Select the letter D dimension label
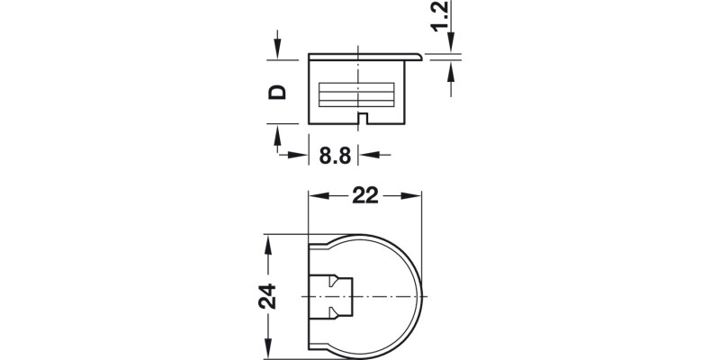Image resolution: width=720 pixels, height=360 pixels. coord(278,91)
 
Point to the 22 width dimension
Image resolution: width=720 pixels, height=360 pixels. coord(365,195)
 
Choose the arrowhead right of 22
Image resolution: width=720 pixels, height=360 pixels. coord(416,195)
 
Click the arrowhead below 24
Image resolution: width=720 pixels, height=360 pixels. coord(267,350)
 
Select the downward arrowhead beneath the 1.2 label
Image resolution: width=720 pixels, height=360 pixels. coord(450,48)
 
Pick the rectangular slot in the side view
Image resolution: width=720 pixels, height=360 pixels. coord(358,94)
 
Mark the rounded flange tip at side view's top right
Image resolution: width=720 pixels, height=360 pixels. coord(419,58)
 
